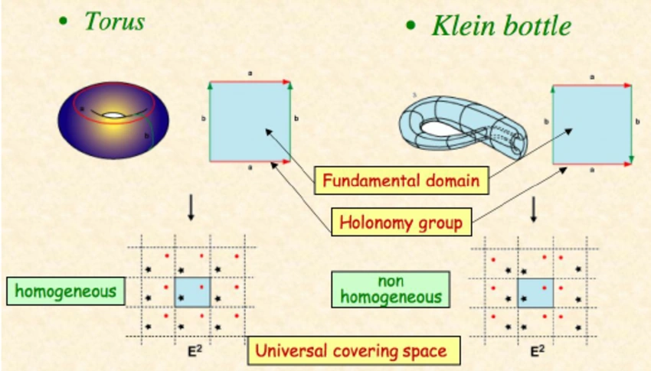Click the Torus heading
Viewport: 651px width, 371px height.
coord(114,21)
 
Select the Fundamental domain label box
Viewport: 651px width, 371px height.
coord(401,181)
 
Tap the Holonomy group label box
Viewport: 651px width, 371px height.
coord(401,223)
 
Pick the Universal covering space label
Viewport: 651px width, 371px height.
coord(353,352)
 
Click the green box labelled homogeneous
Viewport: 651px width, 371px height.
coord(66,291)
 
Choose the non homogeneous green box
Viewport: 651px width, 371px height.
coord(391,288)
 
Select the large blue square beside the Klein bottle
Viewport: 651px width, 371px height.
coord(591,124)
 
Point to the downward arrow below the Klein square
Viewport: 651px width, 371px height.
coord(534,210)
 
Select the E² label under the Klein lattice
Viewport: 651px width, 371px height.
coord(538,353)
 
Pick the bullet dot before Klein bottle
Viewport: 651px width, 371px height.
coord(411,27)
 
